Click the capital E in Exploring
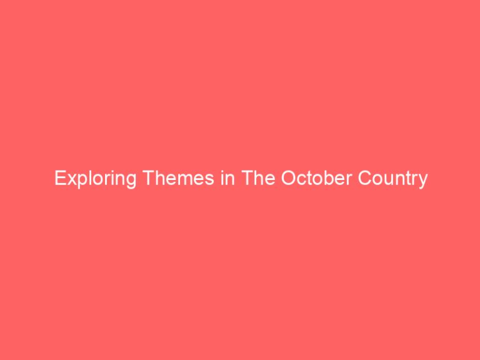pos(59,179)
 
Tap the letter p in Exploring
pos(78,181)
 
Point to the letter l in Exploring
pos(85,179)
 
